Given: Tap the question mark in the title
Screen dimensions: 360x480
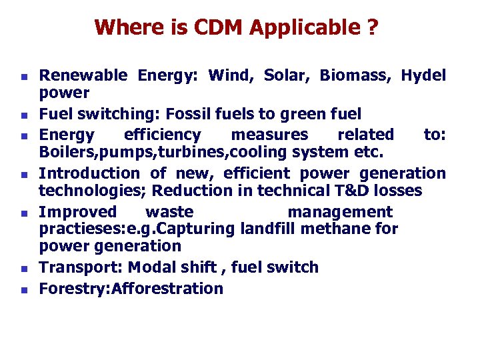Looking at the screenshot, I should (372, 28).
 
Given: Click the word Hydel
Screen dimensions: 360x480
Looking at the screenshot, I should (423, 75).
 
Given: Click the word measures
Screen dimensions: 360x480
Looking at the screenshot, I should (269, 135).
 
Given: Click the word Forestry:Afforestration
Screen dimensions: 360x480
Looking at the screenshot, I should (131, 289).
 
